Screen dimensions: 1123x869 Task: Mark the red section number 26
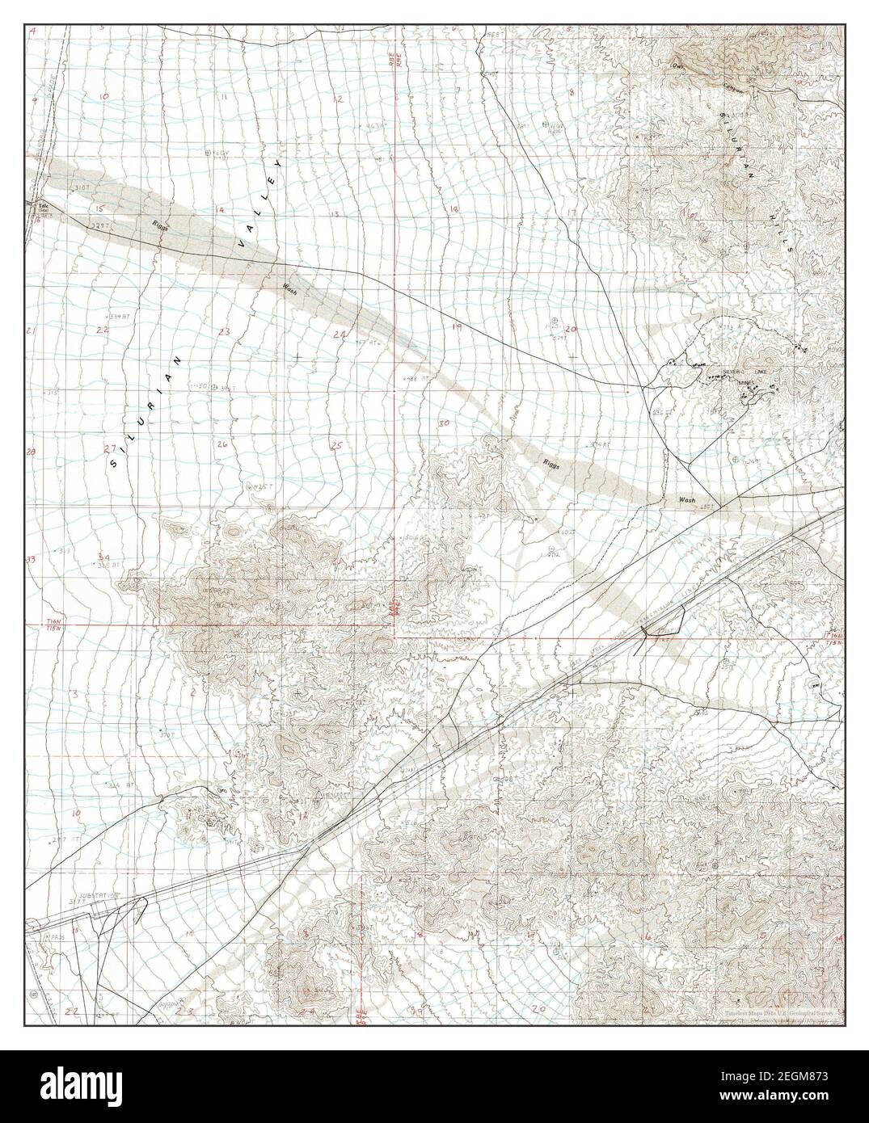point(222,444)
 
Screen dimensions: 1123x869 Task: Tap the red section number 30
point(443,423)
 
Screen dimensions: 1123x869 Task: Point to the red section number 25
point(336,445)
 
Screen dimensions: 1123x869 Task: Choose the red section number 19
point(456,327)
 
